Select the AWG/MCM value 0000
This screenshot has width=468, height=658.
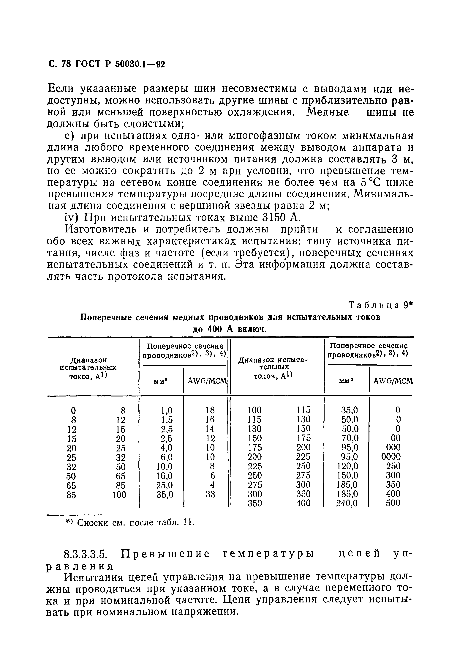pyautogui.click(x=391, y=457)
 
